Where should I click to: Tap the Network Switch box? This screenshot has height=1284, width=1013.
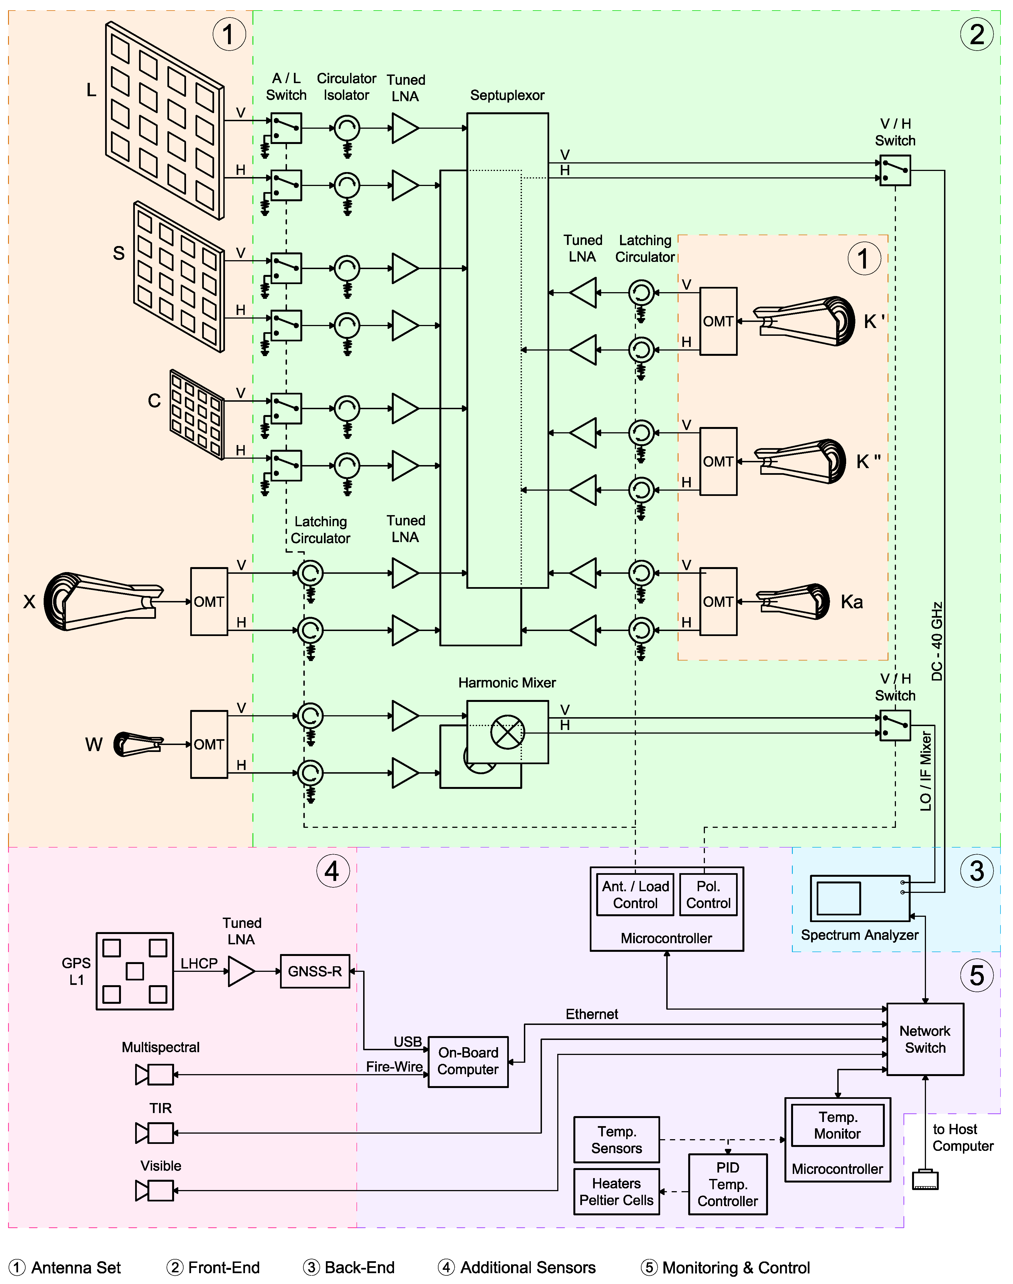click(x=925, y=1039)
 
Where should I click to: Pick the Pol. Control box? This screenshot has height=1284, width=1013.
click(x=708, y=895)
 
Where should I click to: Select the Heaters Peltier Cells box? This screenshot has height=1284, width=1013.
click(x=616, y=1191)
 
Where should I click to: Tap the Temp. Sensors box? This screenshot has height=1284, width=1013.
click(x=616, y=1139)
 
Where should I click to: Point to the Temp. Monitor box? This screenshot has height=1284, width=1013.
click(x=837, y=1125)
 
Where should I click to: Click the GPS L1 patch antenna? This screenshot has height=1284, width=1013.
click(x=135, y=971)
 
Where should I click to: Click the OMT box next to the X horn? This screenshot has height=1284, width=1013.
click(x=209, y=602)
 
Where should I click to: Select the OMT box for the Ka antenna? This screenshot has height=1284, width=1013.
click(x=718, y=602)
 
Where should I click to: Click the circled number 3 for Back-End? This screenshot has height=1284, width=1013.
click(x=976, y=871)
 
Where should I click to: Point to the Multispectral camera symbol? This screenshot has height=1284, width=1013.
click(x=154, y=1074)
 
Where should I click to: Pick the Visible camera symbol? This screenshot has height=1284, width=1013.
click(x=154, y=1190)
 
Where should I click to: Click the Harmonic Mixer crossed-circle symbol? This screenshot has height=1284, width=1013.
click(x=507, y=732)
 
